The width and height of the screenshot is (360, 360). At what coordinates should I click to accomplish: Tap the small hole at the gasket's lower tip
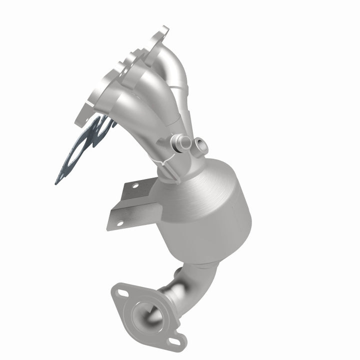click(x=59, y=177)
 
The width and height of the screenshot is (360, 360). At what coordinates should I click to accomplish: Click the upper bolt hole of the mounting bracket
click(x=134, y=185)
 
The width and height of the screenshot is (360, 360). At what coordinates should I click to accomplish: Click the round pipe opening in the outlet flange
click(x=145, y=315)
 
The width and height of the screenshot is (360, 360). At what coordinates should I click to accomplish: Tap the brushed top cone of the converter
click(x=200, y=175)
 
